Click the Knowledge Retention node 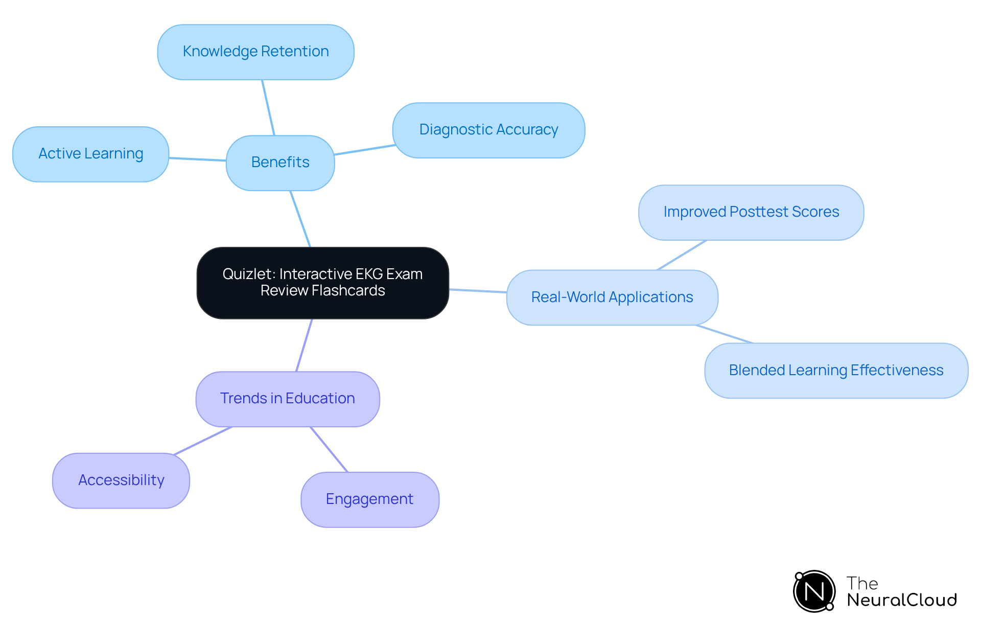[x=255, y=52]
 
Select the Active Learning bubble [x=90, y=154]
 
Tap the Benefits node [x=280, y=163]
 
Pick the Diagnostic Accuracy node [x=488, y=130]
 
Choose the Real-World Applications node [x=612, y=297]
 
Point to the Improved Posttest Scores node [x=751, y=212]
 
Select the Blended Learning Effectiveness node [x=836, y=371]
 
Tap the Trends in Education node [x=287, y=399]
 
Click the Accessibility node [x=121, y=480]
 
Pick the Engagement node [x=369, y=499]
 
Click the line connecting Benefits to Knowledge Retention [x=268, y=107]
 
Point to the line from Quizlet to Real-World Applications [x=478, y=291]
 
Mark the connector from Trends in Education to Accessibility [x=203, y=441]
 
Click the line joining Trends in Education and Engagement [x=329, y=449]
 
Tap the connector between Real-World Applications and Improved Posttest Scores [x=682, y=255]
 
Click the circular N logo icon [x=814, y=591]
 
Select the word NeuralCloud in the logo [x=902, y=600]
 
